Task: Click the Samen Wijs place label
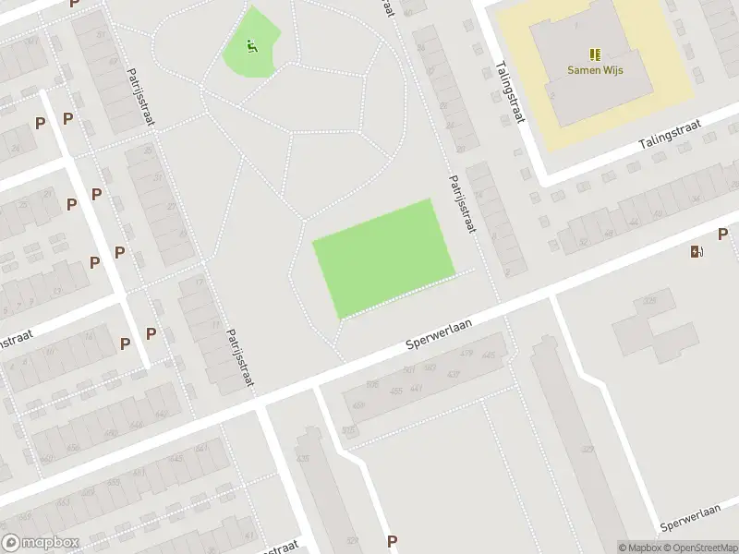(594, 69)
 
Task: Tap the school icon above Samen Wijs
(594, 54)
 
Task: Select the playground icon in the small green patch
(251, 43)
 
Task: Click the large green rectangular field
(384, 258)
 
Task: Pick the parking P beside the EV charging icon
(724, 235)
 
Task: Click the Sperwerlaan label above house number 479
(440, 333)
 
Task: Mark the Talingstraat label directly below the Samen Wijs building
(671, 135)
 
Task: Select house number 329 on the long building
(588, 449)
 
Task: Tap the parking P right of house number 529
(392, 542)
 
